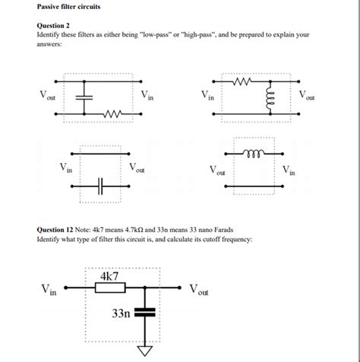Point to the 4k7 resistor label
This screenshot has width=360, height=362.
click(109, 278)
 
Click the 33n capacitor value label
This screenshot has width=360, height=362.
click(121, 313)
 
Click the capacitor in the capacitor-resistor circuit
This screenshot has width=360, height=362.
click(86, 97)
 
